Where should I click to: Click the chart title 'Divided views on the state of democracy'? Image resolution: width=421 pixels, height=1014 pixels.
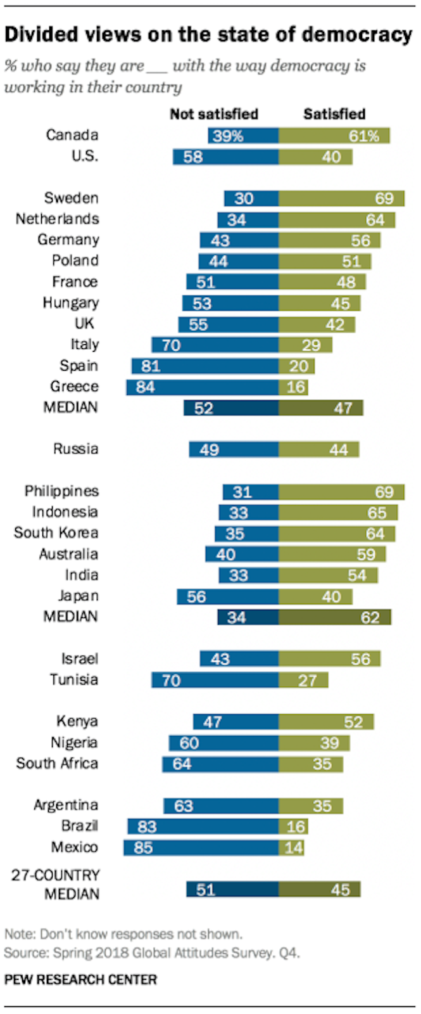208,35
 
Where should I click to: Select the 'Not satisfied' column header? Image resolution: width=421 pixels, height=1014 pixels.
214,114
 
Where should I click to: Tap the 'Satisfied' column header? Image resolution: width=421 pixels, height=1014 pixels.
334,114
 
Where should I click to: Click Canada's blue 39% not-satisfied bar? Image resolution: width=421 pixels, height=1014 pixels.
243,136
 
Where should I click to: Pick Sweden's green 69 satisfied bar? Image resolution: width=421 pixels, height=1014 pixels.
341,198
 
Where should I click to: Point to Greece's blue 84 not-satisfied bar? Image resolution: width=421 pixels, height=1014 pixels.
202,387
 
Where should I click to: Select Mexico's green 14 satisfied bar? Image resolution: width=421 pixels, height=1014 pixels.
291,847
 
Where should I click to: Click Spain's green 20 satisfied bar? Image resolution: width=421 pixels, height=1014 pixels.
297,366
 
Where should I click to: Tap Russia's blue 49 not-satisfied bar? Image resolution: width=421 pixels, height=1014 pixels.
234,449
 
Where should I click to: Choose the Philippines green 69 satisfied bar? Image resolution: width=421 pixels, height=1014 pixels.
341,492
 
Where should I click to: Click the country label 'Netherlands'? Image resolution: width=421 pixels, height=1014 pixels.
58,219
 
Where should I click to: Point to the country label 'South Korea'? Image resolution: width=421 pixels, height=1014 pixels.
56,533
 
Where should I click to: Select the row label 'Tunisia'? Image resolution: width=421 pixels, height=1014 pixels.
73,679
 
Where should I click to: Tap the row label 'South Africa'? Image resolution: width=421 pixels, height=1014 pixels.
57,763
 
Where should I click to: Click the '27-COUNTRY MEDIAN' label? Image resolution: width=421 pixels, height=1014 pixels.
55,884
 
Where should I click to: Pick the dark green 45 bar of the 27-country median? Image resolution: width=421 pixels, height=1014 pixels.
319,890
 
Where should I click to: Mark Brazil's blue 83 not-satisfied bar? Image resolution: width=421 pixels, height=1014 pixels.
203,826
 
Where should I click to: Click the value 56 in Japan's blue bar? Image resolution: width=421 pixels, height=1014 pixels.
196,597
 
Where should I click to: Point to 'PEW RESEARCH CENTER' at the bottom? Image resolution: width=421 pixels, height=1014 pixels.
80,980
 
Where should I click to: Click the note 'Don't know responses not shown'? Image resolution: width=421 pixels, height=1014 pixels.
141,934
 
